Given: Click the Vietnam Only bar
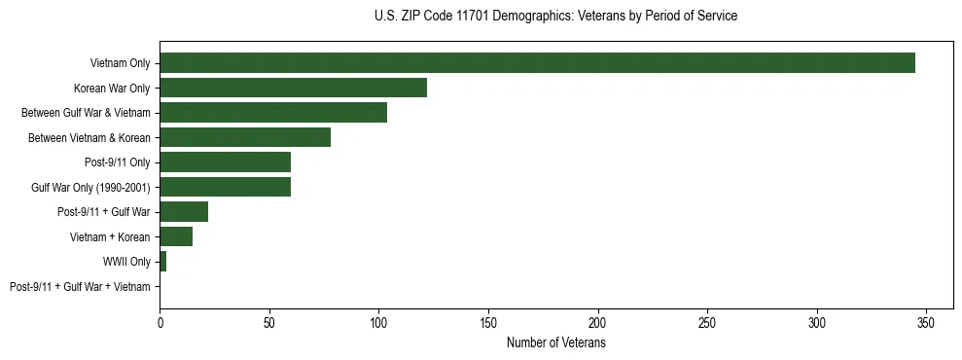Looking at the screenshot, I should coord(537,63).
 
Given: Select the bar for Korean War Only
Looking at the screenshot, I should coord(293,88).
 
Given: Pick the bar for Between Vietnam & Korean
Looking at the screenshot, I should coord(245,137).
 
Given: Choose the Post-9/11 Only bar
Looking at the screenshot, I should coord(225,162).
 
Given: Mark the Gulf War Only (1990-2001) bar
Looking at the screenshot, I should coord(225,187).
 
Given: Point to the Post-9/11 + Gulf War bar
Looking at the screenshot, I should coord(184,212).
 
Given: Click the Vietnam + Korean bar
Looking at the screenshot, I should coord(176,236).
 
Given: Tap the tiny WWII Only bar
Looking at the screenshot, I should coord(162,262).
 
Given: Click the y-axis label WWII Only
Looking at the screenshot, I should coord(126,262).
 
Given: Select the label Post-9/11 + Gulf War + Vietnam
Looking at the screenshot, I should coord(80,287).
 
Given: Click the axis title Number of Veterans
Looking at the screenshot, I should coord(555,343).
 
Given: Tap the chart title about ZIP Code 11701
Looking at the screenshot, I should coord(555,17).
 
